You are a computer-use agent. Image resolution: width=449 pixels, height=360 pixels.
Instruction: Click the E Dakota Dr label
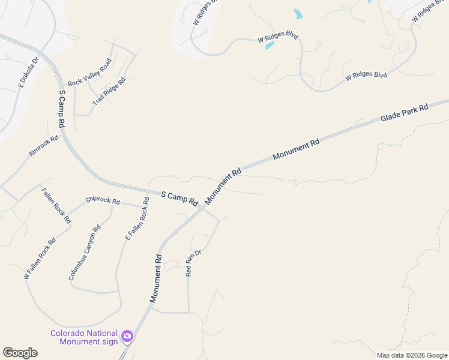[28, 72]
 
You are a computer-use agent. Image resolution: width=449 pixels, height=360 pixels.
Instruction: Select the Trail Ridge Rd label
[109, 92]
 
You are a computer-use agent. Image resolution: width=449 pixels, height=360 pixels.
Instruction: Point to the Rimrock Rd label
[43, 146]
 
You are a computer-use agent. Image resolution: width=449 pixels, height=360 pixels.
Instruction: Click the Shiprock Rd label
[103, 200]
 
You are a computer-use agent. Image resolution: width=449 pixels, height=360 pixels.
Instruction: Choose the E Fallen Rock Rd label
[136, 218]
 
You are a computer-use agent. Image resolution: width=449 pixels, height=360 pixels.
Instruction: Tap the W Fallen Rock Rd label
[40, 259]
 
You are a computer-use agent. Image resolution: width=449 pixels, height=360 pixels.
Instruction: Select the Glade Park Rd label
[404, 113]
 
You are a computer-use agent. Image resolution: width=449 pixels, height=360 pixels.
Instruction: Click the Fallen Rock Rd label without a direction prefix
[56, 206]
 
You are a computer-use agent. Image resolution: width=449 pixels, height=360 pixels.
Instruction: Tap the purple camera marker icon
[127, 336]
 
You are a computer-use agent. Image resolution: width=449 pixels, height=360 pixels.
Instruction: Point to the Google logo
[20, 353]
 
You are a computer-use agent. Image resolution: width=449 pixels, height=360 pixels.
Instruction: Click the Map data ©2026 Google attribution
[411, 355]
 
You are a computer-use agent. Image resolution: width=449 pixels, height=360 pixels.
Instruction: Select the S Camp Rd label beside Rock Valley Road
[61, 109]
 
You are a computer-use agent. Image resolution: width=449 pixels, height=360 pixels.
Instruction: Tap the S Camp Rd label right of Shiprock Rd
[179, 198]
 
